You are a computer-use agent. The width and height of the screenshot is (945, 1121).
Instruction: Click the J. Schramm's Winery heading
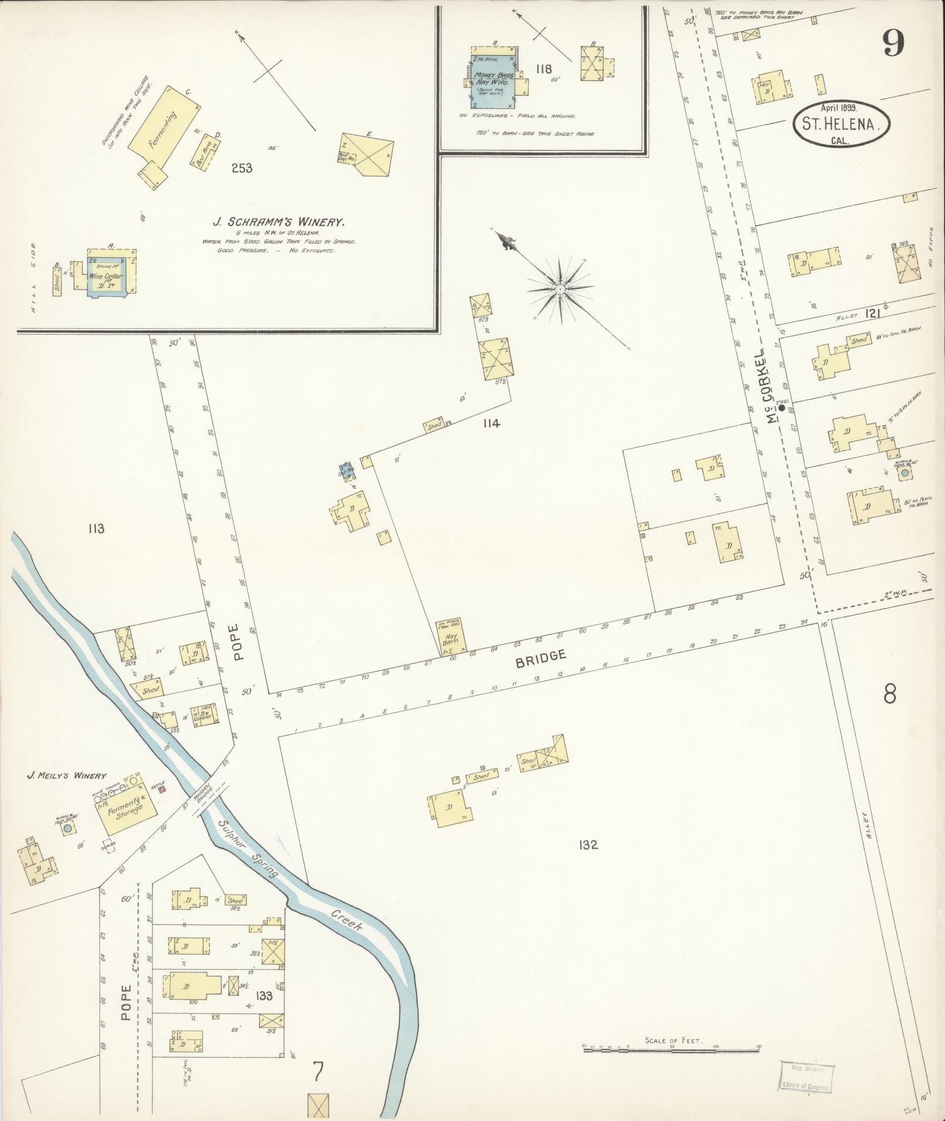click(278, 222)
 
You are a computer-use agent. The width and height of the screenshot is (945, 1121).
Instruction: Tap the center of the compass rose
click(560, 289)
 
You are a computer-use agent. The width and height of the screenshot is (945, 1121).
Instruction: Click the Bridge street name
click(541, 658)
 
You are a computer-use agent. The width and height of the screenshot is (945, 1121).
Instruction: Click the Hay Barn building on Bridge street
click(452, 636)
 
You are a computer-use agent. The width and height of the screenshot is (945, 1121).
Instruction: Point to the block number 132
click(587, 845)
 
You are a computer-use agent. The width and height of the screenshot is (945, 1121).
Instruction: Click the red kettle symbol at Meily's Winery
click(162, 789)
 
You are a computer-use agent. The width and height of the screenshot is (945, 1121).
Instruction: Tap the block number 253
click(241, 169)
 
